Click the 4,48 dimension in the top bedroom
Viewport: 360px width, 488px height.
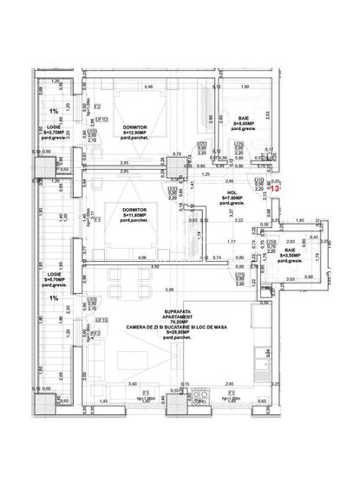point(148,87)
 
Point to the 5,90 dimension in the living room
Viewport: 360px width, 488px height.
point(170,289)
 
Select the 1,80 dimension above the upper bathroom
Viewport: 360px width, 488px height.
point(244,87)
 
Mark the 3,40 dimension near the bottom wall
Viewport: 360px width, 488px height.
point(133,382)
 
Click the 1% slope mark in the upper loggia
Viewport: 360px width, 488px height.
point(54,112)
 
